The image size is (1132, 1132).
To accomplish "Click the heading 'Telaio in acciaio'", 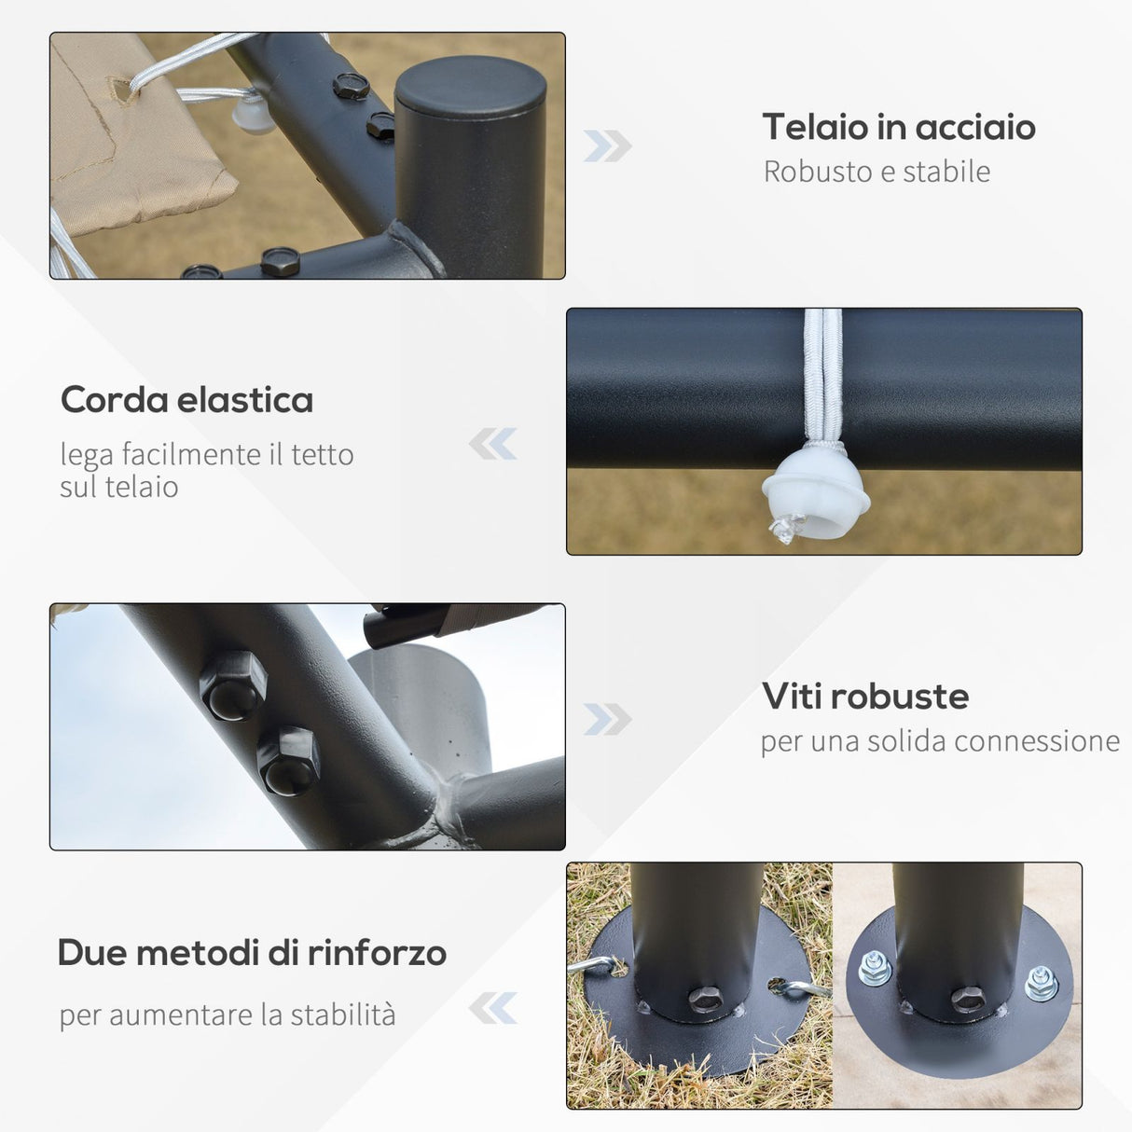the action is tap(899, 127).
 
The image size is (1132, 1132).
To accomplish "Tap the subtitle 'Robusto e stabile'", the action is tap(877, 173).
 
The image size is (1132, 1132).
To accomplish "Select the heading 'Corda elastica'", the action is tap(186, 400).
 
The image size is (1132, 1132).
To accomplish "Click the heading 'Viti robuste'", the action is tap(865, 697).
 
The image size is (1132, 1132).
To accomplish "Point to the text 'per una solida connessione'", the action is tap(941, 741).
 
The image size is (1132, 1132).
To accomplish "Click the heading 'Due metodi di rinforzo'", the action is tap(252, 952).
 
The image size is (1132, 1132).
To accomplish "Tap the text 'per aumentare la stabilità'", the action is tap(228, 1015).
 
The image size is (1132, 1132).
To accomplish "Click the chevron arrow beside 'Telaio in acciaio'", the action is tap(607, 145).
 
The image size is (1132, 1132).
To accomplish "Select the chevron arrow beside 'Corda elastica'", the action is tap(493, 444).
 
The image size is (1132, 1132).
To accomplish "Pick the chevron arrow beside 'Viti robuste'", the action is tap(607, 719).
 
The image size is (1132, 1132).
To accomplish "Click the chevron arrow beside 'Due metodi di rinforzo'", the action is tap(493, 1008).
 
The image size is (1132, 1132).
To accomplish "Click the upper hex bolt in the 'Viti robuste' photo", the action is tap(234, 685).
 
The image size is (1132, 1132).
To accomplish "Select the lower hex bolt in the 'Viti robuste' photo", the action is tap(289, 761).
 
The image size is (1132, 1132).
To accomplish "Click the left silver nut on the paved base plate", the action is tap(875, 969).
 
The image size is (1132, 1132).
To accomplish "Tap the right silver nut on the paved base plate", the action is tap(1042, 983).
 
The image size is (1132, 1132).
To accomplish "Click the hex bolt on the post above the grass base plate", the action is tap(705, 998).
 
